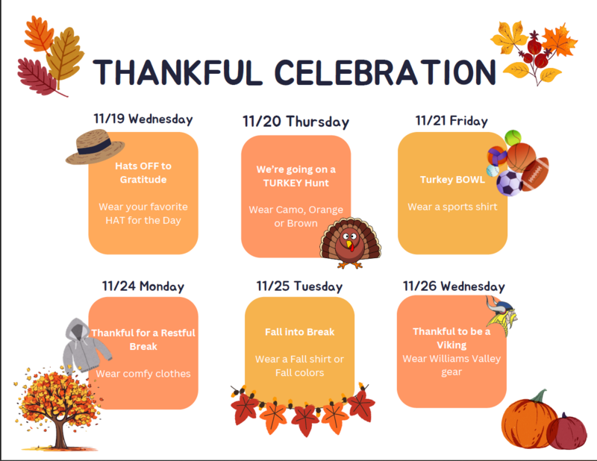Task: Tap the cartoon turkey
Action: tap(350, 242)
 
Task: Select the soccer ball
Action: tap(510, 183)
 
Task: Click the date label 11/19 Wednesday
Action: tap(143, 119)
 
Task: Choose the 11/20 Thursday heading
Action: tap(296, 122)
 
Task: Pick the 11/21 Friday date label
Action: tap(451, 120)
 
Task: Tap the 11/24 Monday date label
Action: tap(143, 286)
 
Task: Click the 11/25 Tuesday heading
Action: tap(299, 286)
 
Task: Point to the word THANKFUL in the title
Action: tap(167, 72)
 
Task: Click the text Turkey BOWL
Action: tap(452, 180)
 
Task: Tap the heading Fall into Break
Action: tap(299, 332)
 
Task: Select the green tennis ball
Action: tap(513, 137)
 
